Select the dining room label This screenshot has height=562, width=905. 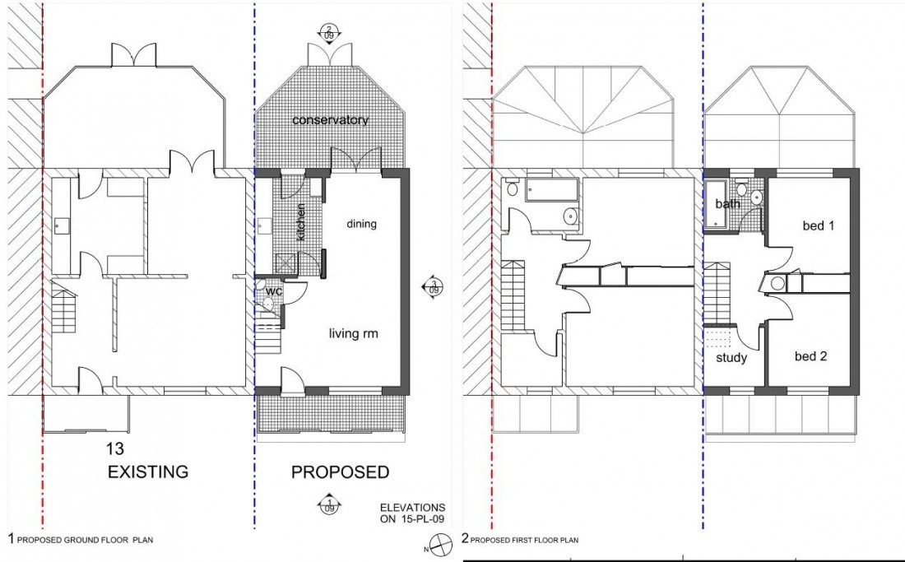click(x=361, y=224)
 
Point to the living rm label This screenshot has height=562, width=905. click(x=353, y=333)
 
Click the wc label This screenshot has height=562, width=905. click(x=274, y=291)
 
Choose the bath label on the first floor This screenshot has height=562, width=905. click(x=727, y=204)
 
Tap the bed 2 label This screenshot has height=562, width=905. click(x=810, y=356)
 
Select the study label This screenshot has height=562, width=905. click(x=731, y=358)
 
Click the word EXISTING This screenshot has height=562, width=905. click(x=149, y=472)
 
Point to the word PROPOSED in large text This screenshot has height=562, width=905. click(x=340, y=472)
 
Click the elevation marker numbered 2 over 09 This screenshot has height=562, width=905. click(x=328, y=32)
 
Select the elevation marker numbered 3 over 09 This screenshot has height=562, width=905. click(x=434, y=287)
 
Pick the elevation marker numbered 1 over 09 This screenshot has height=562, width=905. click(x=328, y=504)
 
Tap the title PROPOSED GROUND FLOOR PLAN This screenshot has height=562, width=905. click(x=80, y=540)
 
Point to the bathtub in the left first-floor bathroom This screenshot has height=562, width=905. click(x=551, y=191)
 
